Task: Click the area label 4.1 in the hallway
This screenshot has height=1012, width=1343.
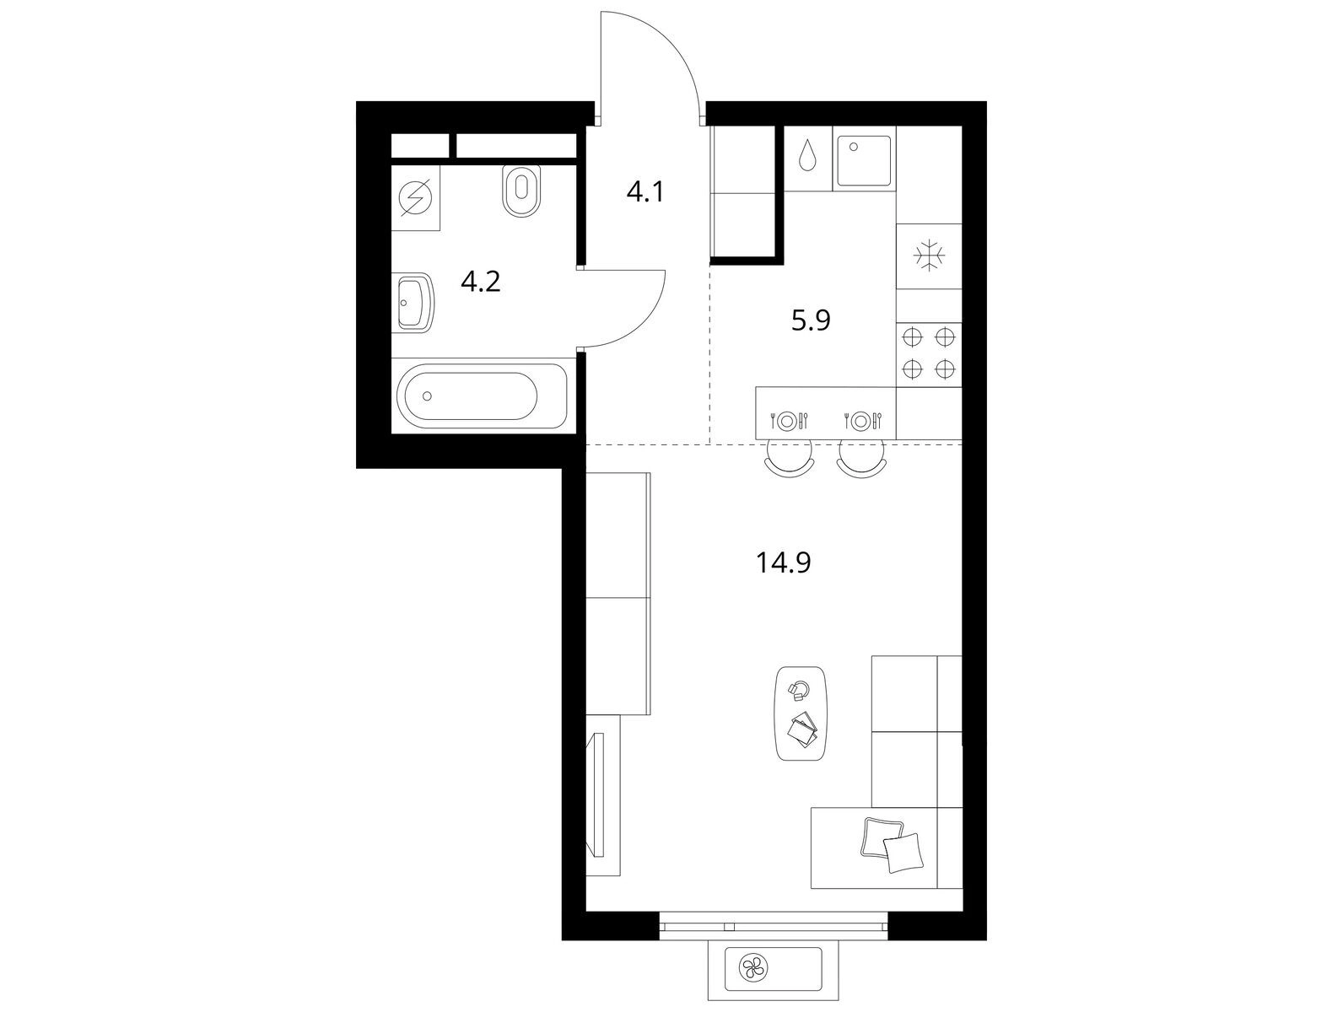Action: point(645,192)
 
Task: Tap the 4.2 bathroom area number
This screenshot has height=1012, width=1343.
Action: point(481,282)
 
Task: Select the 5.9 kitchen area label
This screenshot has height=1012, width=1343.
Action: point(811,320)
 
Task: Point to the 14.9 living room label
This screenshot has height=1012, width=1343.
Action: point(784,563)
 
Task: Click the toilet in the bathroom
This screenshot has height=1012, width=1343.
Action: point(520,190)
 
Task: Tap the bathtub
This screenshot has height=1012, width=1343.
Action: point(482,396)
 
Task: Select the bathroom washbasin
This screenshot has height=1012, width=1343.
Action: point(415,302)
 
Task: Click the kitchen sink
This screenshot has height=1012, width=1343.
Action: point(863,160)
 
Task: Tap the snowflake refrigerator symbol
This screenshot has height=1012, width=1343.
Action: point(929,255)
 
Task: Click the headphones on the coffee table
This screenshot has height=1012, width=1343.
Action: point(798,689)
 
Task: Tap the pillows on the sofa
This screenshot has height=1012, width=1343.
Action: point(892,847)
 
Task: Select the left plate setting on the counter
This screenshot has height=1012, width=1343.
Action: point(789,421)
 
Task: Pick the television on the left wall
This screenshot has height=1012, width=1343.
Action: point(596,795)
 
